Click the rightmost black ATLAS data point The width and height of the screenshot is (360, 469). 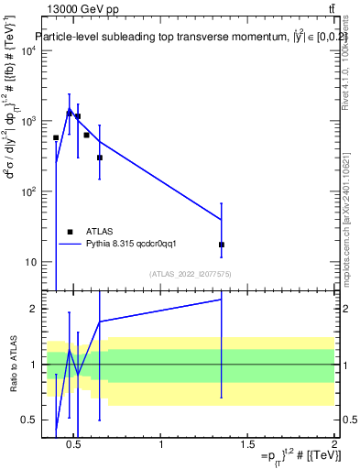tap(222, 245)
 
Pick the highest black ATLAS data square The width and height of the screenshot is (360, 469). tap(70, 114)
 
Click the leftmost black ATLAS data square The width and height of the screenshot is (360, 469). tap(56, 137)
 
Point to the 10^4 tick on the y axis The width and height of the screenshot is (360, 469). tap(27, 50)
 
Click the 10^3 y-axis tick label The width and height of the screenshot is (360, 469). tap(27, 121)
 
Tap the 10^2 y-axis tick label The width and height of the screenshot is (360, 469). tap(27, 191)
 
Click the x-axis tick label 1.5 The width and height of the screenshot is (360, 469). tap(247, 445)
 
